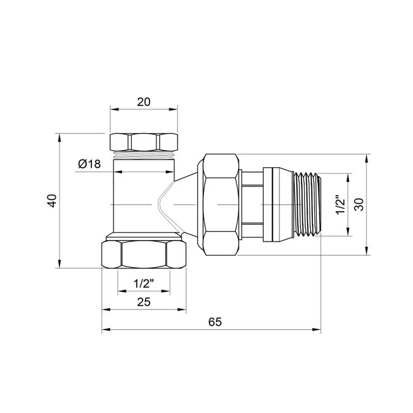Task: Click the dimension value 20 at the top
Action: click(144, 102)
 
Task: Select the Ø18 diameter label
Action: click(89, 164)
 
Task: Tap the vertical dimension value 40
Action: click(52, 201)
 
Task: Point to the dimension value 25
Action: click(144, 302)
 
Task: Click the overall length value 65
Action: click(215, 322)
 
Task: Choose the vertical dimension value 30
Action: click(359, 204)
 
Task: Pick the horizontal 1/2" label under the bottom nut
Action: click(144, 284)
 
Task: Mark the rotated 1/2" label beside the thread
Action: click(340, 205)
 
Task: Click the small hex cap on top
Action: click(144, 142)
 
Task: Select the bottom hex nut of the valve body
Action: click(144, 254)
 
